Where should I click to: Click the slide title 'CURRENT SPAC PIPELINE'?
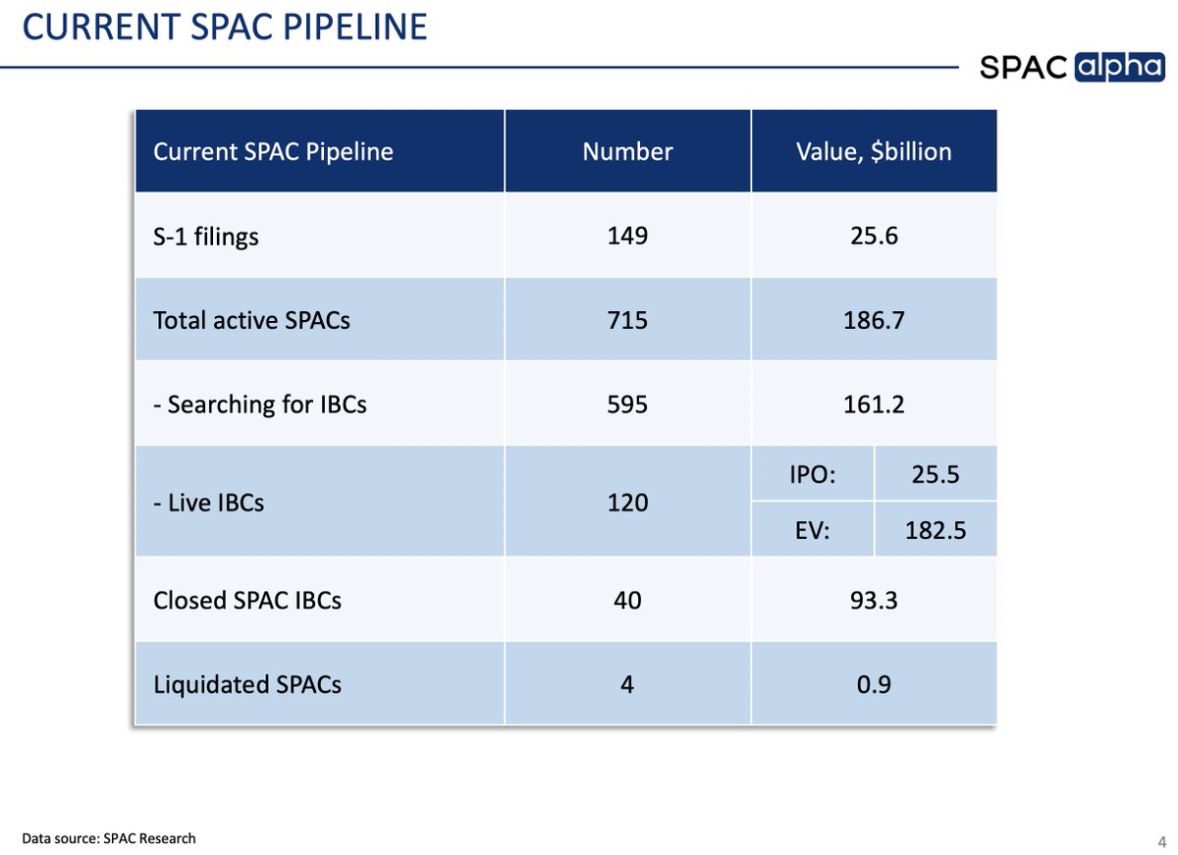click(x=225, y=27)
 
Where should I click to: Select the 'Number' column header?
click(x=627, y=151)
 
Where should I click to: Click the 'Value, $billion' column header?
click(x=873, y=151)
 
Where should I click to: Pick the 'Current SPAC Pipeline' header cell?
click(x=273, y=152)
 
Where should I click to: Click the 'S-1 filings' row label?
click(x=206, y=237)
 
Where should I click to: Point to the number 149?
click(x=627, y=236)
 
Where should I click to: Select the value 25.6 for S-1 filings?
click(x=873, y=236)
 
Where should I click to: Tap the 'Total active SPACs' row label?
click(x=251, y=320)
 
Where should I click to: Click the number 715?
click(x=627, y=320)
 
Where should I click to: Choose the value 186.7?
click(x=873, y=320)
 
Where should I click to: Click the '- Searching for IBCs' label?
click(x=260, y=403)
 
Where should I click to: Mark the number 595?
click(x=627, y=403)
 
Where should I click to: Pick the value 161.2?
click(x=873, y=403)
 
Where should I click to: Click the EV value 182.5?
click(x=935, y=530)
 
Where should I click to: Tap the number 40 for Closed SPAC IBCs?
click(x=627, y=599)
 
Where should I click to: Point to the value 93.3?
click(x=873, y=599)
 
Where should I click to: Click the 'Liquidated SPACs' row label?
click(x=247, y=683)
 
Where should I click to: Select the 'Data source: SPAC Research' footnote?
click(x=109, y=837)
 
